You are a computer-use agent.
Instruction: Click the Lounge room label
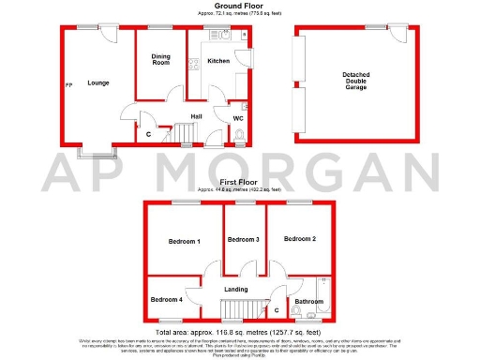click(98, 83)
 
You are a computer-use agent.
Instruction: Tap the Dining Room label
click(161, 59)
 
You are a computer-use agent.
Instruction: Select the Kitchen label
click(217, 61)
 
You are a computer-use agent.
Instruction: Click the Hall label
click(197, 116)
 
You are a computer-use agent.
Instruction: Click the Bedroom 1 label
click(184, 242)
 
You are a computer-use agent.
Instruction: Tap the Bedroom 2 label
click(300, 239)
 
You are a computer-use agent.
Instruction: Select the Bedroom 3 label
click(244, 239)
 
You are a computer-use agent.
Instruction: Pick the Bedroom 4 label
click(168, 300)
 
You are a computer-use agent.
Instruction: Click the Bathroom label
click(307, 301)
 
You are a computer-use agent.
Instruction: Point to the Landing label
click(236, 289)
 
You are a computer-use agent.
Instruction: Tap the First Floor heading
click(240, 182)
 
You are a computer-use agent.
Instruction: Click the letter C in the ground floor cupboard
click(149, 133)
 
